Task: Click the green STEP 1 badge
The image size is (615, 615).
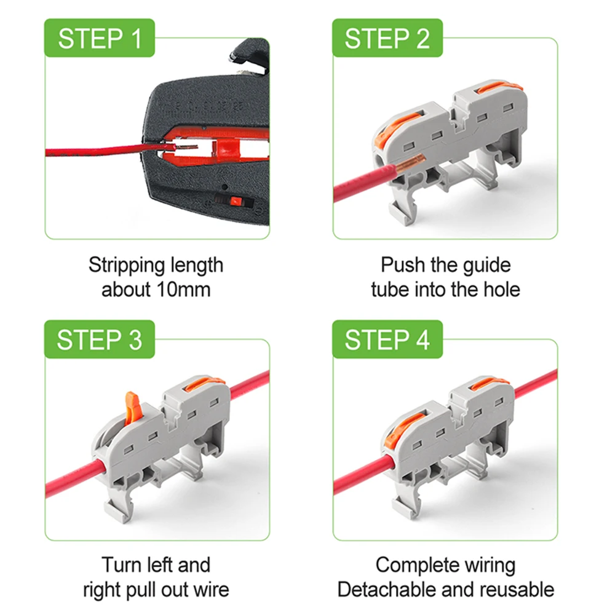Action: tap(99, 38)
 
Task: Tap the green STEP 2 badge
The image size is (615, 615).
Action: tap(387, 38)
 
